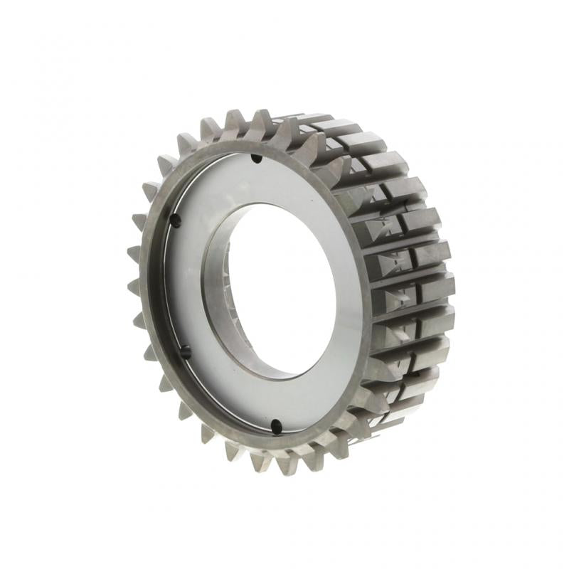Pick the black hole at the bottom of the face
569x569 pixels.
coord(275,427)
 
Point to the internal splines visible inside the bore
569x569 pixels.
coord(226,284)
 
